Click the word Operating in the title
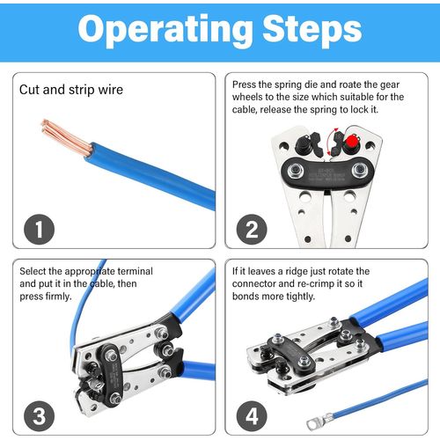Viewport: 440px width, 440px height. tap(165, 31)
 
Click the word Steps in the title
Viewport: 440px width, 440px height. tap(312, 29)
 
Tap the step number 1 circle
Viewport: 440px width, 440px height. tap(39, 229)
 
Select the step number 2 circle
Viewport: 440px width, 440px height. tap(252, 229)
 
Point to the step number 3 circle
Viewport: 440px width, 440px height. tap(39, 416)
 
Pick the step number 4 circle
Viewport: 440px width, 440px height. tap(252, 416)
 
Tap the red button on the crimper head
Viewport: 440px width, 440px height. tap(350, 142)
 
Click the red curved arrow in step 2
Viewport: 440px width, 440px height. tap(330, 143)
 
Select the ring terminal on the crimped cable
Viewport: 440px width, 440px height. tap(319, 421)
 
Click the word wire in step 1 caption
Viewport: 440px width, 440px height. tap(111, 90)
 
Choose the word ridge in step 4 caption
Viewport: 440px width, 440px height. tap(296, 271)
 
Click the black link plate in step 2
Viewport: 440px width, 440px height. tap(327, 172)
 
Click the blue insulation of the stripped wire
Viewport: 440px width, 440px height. tap(150, 175)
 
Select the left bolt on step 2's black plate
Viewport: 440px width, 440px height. tap(296, 171)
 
